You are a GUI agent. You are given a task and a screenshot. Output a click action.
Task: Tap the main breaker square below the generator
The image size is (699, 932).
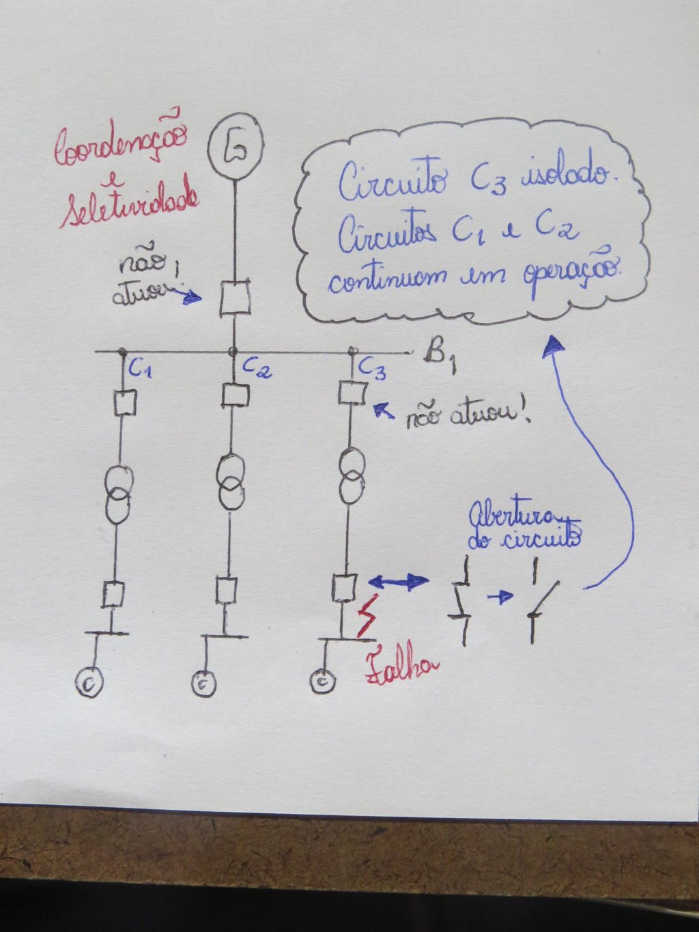(x=235, y=298)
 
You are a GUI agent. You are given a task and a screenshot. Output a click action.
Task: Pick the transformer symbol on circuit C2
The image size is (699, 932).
(x=231, y=481)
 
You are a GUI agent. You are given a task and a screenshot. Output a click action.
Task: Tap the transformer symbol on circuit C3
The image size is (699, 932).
(x=352, y=476)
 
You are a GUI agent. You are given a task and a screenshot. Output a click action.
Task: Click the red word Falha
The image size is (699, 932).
(x=401, y=667)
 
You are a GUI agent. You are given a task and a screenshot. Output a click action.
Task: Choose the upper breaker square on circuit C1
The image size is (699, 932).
(x=125, y=403)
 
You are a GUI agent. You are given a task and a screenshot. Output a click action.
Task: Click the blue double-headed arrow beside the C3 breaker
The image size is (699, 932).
(x=398, y=581)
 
